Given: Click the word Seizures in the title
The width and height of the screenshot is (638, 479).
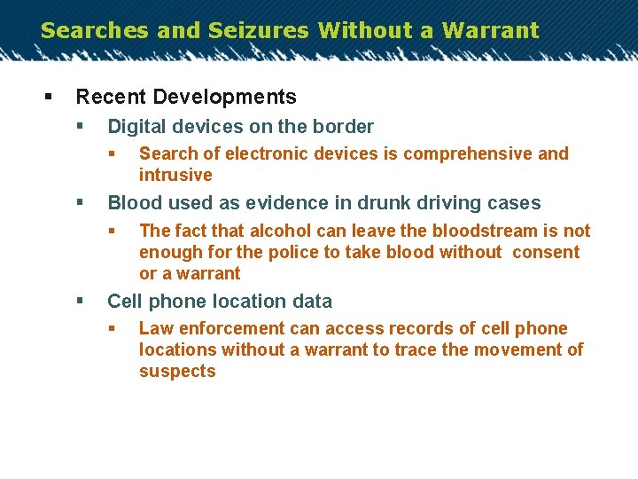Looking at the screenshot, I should coord(259,30).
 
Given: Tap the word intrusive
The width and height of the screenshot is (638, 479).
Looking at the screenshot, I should coord(175,175).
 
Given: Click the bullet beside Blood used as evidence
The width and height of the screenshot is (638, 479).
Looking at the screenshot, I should coord(80,203).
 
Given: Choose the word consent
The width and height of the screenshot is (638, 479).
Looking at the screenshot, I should coord(546,252).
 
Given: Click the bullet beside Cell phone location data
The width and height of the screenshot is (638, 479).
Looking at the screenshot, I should coord(80,302).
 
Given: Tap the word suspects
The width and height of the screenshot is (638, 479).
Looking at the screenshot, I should coord(177,371).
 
